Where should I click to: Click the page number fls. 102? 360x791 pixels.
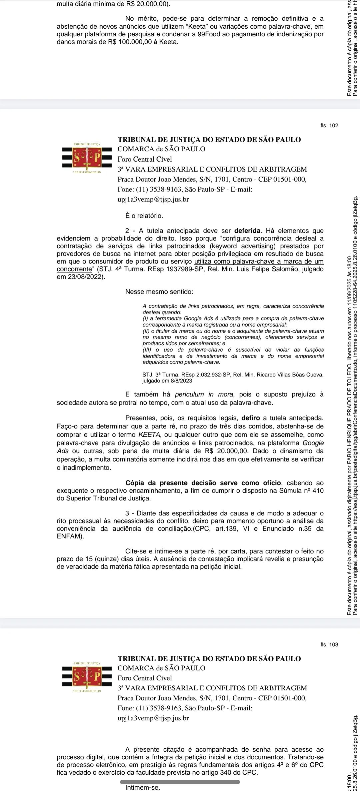tap(329, 126)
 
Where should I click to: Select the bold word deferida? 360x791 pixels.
tap(247, 231)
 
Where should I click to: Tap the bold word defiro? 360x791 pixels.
tap(251, 418)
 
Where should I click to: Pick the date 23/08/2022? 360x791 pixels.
tap(81, 277)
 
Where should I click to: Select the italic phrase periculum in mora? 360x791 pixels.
tap(204, 395)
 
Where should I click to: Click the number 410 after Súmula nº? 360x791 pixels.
tap(318, 490)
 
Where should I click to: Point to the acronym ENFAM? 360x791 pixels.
tap(69, 537)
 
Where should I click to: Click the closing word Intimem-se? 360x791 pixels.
tap(143, 788)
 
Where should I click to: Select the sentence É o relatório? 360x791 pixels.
tap(144, 216)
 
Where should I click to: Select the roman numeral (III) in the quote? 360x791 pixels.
tap(147, 350)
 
